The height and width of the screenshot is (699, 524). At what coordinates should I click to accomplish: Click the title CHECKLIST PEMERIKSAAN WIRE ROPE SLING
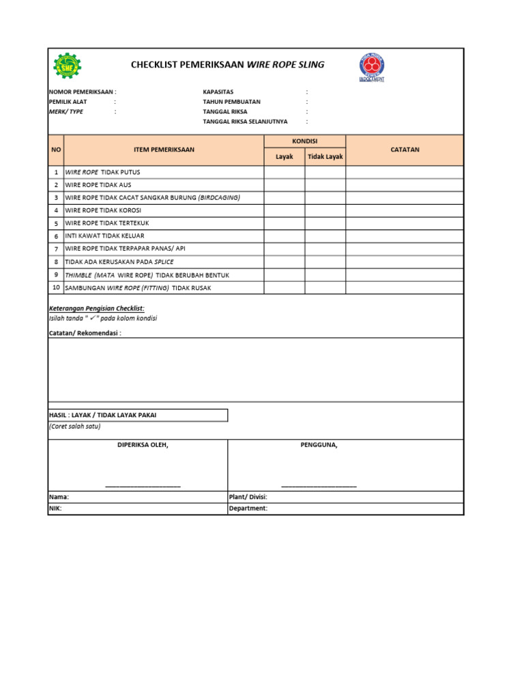tap(227, 65)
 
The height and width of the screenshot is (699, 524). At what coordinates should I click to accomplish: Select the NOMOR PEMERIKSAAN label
tap(82, 91)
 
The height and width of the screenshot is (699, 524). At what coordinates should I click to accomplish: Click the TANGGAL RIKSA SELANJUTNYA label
tap(245, 122)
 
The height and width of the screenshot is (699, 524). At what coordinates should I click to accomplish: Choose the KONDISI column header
tap(304, 141)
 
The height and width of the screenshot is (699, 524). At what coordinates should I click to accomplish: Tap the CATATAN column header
tap(405, 149)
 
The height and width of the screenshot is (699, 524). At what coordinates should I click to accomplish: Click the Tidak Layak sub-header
tap(325, 157)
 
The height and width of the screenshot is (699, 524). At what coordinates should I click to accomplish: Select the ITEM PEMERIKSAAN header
tap(164, 149)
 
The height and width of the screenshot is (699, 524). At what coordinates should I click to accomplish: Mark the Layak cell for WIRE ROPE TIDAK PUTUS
tap(285, 172)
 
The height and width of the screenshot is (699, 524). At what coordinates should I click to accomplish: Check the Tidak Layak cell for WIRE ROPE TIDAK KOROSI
tap(325, 210)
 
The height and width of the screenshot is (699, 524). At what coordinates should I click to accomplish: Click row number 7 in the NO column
tap(56, 248)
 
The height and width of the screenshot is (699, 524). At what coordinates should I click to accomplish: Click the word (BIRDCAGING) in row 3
tap(219, 197)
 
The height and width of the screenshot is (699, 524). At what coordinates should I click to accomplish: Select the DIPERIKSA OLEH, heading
tap(143, 445)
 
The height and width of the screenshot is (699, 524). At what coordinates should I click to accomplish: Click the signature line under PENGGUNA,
tap(319, 486)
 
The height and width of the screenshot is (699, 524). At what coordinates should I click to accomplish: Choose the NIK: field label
tap(55, 509)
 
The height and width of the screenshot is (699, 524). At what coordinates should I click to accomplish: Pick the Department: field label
tap(248, 509)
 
